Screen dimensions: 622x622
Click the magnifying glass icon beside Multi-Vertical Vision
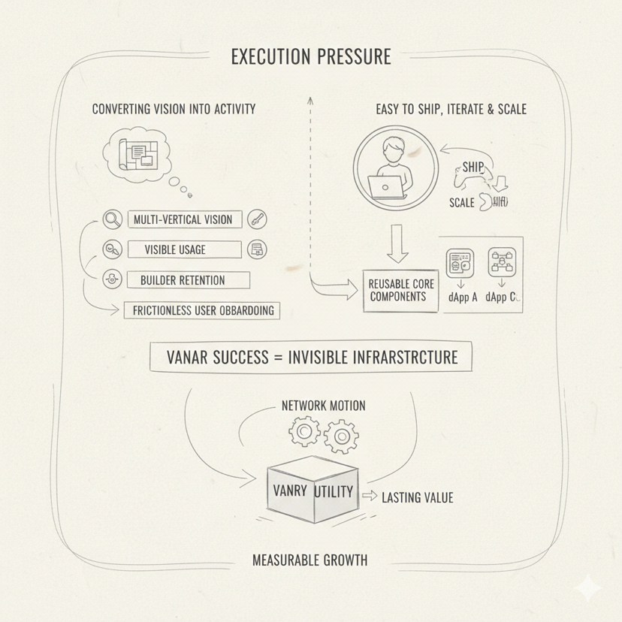tap(112, 220)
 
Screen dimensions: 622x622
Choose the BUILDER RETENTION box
tap(183, 280)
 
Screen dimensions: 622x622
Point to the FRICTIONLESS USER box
tap(203, 309)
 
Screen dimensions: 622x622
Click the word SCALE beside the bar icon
tap(461, 203)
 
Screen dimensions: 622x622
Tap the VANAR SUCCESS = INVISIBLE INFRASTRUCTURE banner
tap(311, 358)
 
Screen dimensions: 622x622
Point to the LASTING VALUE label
tap(417, 497)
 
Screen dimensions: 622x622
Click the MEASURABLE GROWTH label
tap(309, 560)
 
